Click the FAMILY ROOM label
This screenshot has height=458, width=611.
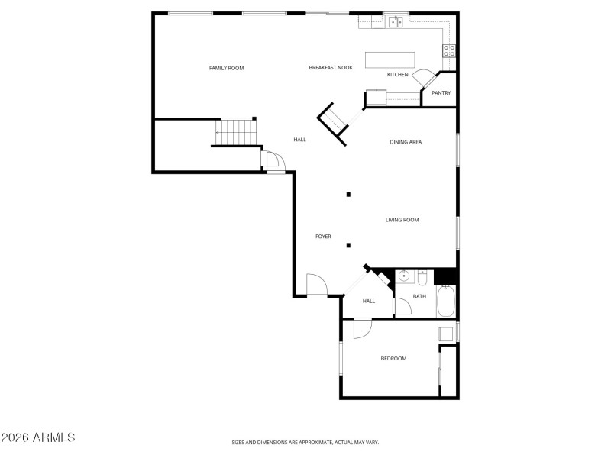click(x=226, y=69)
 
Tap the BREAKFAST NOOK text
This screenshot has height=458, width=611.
click(x=331, y=68)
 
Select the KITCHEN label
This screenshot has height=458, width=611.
click(x=397, y=75)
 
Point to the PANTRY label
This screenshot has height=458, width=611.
click(x=441, y=93)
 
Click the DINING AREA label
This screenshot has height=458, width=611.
click(x=406, y=142)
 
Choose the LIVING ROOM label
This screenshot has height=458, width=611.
click(x=402, y=220)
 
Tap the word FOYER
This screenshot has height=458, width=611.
click(x=323, y=237)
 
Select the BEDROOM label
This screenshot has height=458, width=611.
click(x=393, y=359)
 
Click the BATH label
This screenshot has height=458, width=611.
click(x=419, y=296)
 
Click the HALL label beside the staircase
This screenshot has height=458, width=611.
click(x=299, y=140)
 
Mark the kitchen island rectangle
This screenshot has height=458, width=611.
click(x=390, y=60)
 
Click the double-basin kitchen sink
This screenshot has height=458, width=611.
click(x=396, y=21)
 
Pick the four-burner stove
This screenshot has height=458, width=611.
click(x=449, y=51)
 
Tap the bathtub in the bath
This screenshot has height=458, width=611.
click(x=446, y=302)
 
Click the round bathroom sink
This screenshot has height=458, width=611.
click(x=402, y=276)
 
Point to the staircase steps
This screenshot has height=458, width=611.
click(x=238, y=131)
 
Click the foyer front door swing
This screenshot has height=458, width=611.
click(x=315, y=285)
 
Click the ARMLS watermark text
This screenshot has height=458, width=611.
click(x=38, y=437)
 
